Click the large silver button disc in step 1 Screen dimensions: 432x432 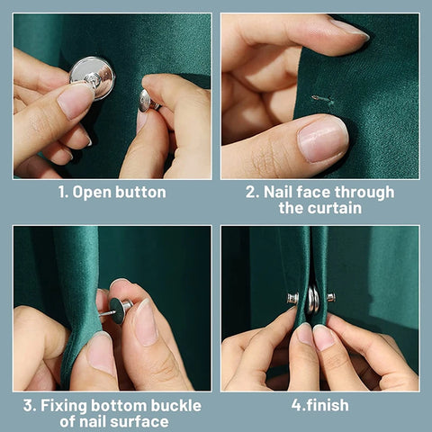[93, 78]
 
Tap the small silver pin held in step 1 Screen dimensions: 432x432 [148, 101]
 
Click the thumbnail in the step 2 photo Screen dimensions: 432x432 [322, 139]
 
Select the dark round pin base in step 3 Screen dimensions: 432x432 [119, 310]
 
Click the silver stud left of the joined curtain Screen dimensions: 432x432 [292, 298]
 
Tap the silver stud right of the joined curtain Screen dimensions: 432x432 [330, 297]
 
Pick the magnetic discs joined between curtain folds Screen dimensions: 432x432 [313, 300]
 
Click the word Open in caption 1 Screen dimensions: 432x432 [92, 193]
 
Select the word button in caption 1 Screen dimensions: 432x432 [140, 192]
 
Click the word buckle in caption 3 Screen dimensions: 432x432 [176, 405]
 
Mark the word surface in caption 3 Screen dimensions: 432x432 [142, 422]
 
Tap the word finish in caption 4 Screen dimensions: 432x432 [328, 405]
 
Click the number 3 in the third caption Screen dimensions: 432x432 [28, 406]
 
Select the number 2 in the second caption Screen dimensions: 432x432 [250, 192]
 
